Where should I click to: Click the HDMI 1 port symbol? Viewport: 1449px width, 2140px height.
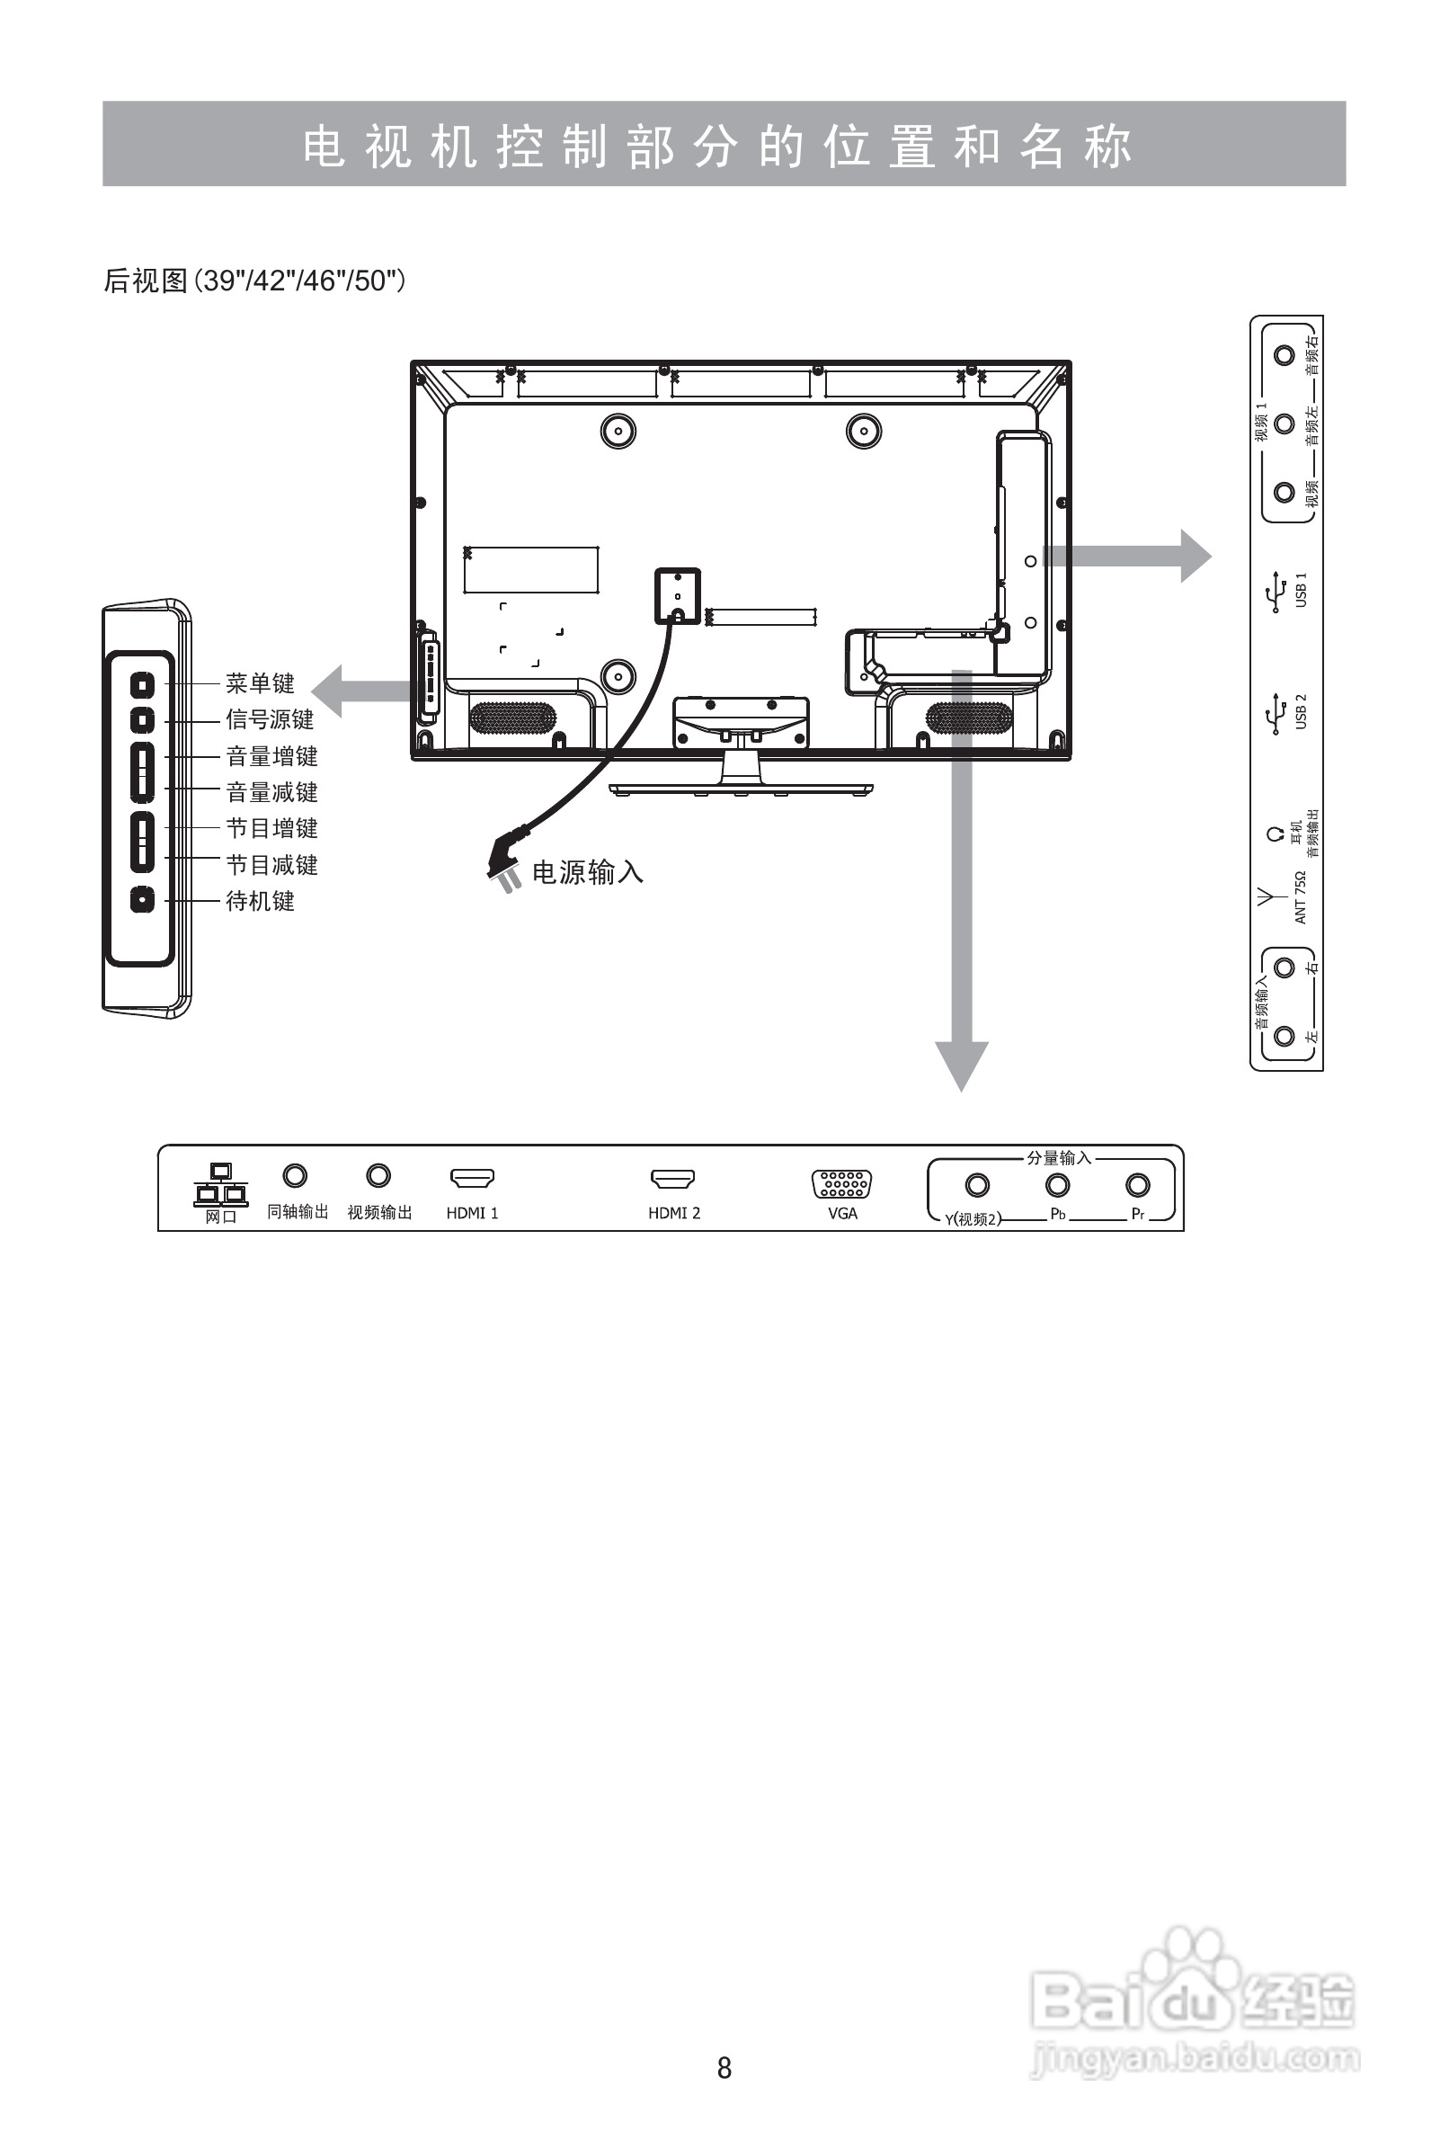(x=471, y=1178)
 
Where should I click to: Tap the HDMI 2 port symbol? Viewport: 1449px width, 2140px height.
(x=673, y=1179)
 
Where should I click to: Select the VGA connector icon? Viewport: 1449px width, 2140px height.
(x=841, y=1184)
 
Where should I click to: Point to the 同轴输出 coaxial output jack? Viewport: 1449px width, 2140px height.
(x=295, y=1176)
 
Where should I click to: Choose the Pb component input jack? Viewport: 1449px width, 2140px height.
(x=1058, y=1185)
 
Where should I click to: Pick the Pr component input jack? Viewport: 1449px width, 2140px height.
(x=1138, y=1185)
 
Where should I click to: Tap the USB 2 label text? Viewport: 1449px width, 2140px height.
(x=1302, y=712)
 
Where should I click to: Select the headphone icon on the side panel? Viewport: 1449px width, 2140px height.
(x=1275, y=834)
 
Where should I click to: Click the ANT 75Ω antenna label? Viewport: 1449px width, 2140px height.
(x=1301, y=896)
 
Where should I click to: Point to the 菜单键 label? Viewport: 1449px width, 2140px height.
(x=260, y=683)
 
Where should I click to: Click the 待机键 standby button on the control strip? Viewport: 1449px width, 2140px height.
(x=142, y=900)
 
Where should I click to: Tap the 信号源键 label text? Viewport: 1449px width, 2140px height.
(x=270, y=719)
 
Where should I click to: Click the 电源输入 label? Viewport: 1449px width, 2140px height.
(x=587, y=872)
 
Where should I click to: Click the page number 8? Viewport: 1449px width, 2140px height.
(x=724, y=2067)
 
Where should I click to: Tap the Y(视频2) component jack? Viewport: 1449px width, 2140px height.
(x=977, y=1185)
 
